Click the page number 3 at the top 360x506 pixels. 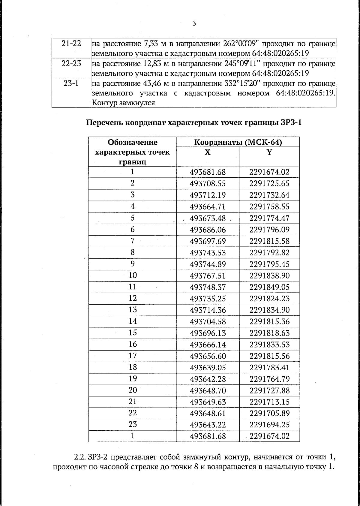194,23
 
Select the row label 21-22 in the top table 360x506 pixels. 71,44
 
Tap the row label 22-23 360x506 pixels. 71,64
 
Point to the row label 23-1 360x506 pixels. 71,83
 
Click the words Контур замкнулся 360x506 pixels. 123,103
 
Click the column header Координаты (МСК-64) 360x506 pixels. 238,142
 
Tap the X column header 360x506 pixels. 208,152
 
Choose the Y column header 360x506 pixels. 269,152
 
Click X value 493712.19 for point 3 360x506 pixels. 208,195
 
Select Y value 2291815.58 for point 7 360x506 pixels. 269,241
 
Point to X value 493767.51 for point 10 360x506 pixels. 208,276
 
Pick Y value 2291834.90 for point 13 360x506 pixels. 269,310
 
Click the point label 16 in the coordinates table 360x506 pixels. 133,344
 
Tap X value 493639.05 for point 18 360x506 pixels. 208,368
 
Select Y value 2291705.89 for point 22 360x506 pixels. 269,414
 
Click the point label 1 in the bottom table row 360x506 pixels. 133,435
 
